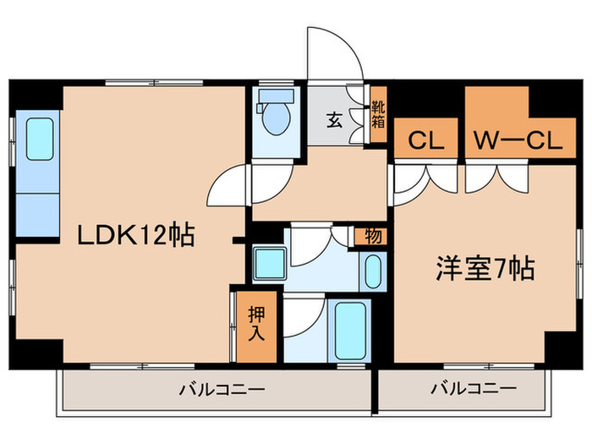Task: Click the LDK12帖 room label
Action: [x=136, y=235]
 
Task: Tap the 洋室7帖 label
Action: [x=485, y=268]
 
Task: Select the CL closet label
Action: [x=425, y=140]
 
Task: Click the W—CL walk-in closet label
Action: [x=518, y=140]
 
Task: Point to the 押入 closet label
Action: [x=256, y=323]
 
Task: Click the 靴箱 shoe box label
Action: [x=378, y=115]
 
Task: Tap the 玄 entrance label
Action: [x=335, y=121]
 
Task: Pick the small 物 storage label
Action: [x=373, y=237]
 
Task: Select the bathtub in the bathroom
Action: [x=350, y=331]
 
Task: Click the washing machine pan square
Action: [x=270, y=264]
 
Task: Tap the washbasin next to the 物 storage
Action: [x=374, y=271]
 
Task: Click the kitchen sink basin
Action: [x=40, y=139]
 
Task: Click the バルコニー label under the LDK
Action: [x=222, y=389]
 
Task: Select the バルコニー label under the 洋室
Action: [x=474, y=388]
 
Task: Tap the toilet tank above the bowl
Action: [x=277, y=96]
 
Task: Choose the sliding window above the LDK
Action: [x=154, y=83]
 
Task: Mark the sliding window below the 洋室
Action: [x=489, y=366]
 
